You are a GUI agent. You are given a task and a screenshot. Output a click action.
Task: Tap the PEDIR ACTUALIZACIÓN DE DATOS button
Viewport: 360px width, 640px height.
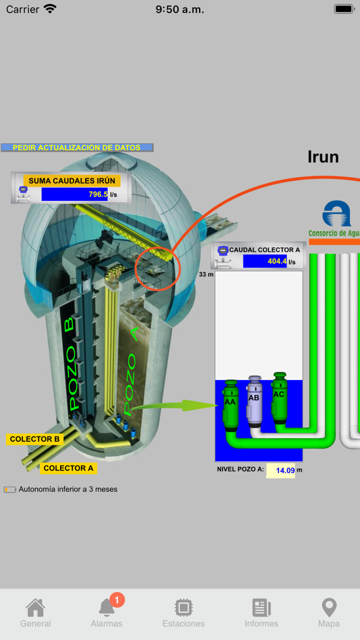pyautogui.click(x=77, y=148)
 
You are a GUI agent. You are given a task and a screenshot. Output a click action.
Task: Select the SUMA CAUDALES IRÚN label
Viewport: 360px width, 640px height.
pyautogui.click(x=71, y=181)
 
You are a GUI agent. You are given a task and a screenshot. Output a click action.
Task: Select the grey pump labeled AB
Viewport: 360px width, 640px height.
pyautogui.click(x=254, y=402)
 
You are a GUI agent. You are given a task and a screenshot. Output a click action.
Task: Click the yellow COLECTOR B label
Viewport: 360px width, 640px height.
pyautogui.click(x=34, y=439)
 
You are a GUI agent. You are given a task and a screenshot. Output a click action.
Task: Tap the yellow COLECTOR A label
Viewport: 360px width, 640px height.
pyautogui.click(x=68, y=468)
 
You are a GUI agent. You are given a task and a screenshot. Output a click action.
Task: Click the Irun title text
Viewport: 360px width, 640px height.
pyautogui.click(x=323, y=157)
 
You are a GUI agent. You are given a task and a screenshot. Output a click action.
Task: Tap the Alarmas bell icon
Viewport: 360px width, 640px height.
pyautogui.click(x=107, y=608)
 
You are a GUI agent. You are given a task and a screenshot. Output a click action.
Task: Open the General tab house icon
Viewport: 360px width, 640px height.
pyautogui.click(x=35, y=608)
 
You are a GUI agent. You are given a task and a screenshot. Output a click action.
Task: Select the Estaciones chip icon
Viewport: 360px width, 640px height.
pyautogui.click(x=183, y=608)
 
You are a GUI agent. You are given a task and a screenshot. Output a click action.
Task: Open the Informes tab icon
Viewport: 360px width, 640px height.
pyautogui.click(x=261, y=608)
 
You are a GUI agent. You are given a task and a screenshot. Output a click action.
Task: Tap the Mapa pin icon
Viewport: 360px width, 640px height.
pyautogui.click(x=328, y=608)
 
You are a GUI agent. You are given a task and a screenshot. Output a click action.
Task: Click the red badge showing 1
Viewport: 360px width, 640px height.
pyautogui.click(x=117, y=599)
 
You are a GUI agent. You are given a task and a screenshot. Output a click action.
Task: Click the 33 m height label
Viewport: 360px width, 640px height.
pyautogui.click(x=206, y=274)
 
